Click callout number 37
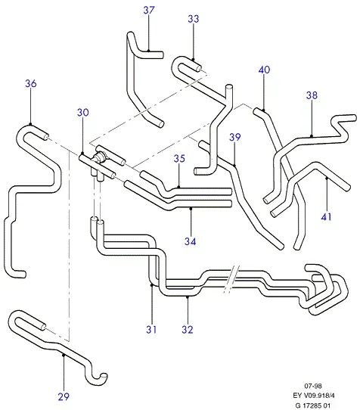(149, 10)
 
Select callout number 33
(194, 19)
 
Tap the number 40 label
(264, 70)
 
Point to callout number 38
(312, 95)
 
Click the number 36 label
(31, 83)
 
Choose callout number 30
(83, 113)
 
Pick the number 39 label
(234, 137)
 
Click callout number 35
(179, 158)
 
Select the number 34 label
(190, 241)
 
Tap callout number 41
(326, 217)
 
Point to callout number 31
(151, 330)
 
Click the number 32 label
(188, 330)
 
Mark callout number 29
(64, 396)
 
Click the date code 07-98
(313, 386)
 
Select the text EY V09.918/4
(313, 396)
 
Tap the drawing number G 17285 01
(313, 405)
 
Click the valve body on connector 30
(99, 157)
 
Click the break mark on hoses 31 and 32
(231, 279)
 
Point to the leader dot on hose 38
(312, 136)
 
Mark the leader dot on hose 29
(64, 355)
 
